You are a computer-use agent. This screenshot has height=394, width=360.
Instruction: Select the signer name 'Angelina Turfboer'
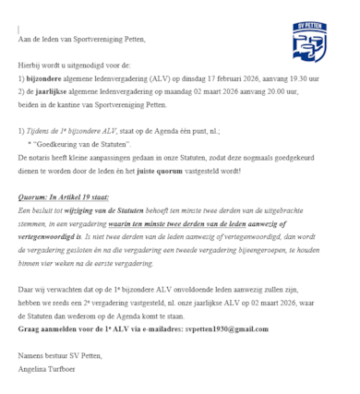coord(49,368)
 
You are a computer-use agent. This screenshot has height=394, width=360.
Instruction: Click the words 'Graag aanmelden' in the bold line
coord(47,328)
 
